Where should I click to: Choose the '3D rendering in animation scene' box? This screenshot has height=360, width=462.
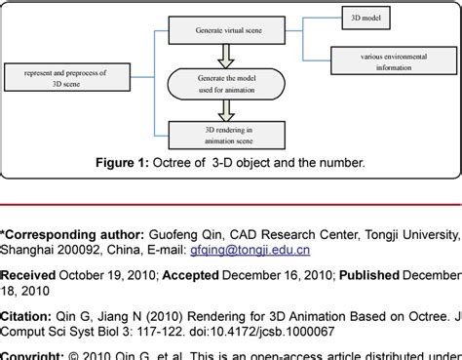[x=228, y=131]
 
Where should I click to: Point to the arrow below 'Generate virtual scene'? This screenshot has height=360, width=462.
[x=228, y=56]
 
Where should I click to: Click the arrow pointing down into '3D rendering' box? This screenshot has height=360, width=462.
[x=228, y=111]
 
